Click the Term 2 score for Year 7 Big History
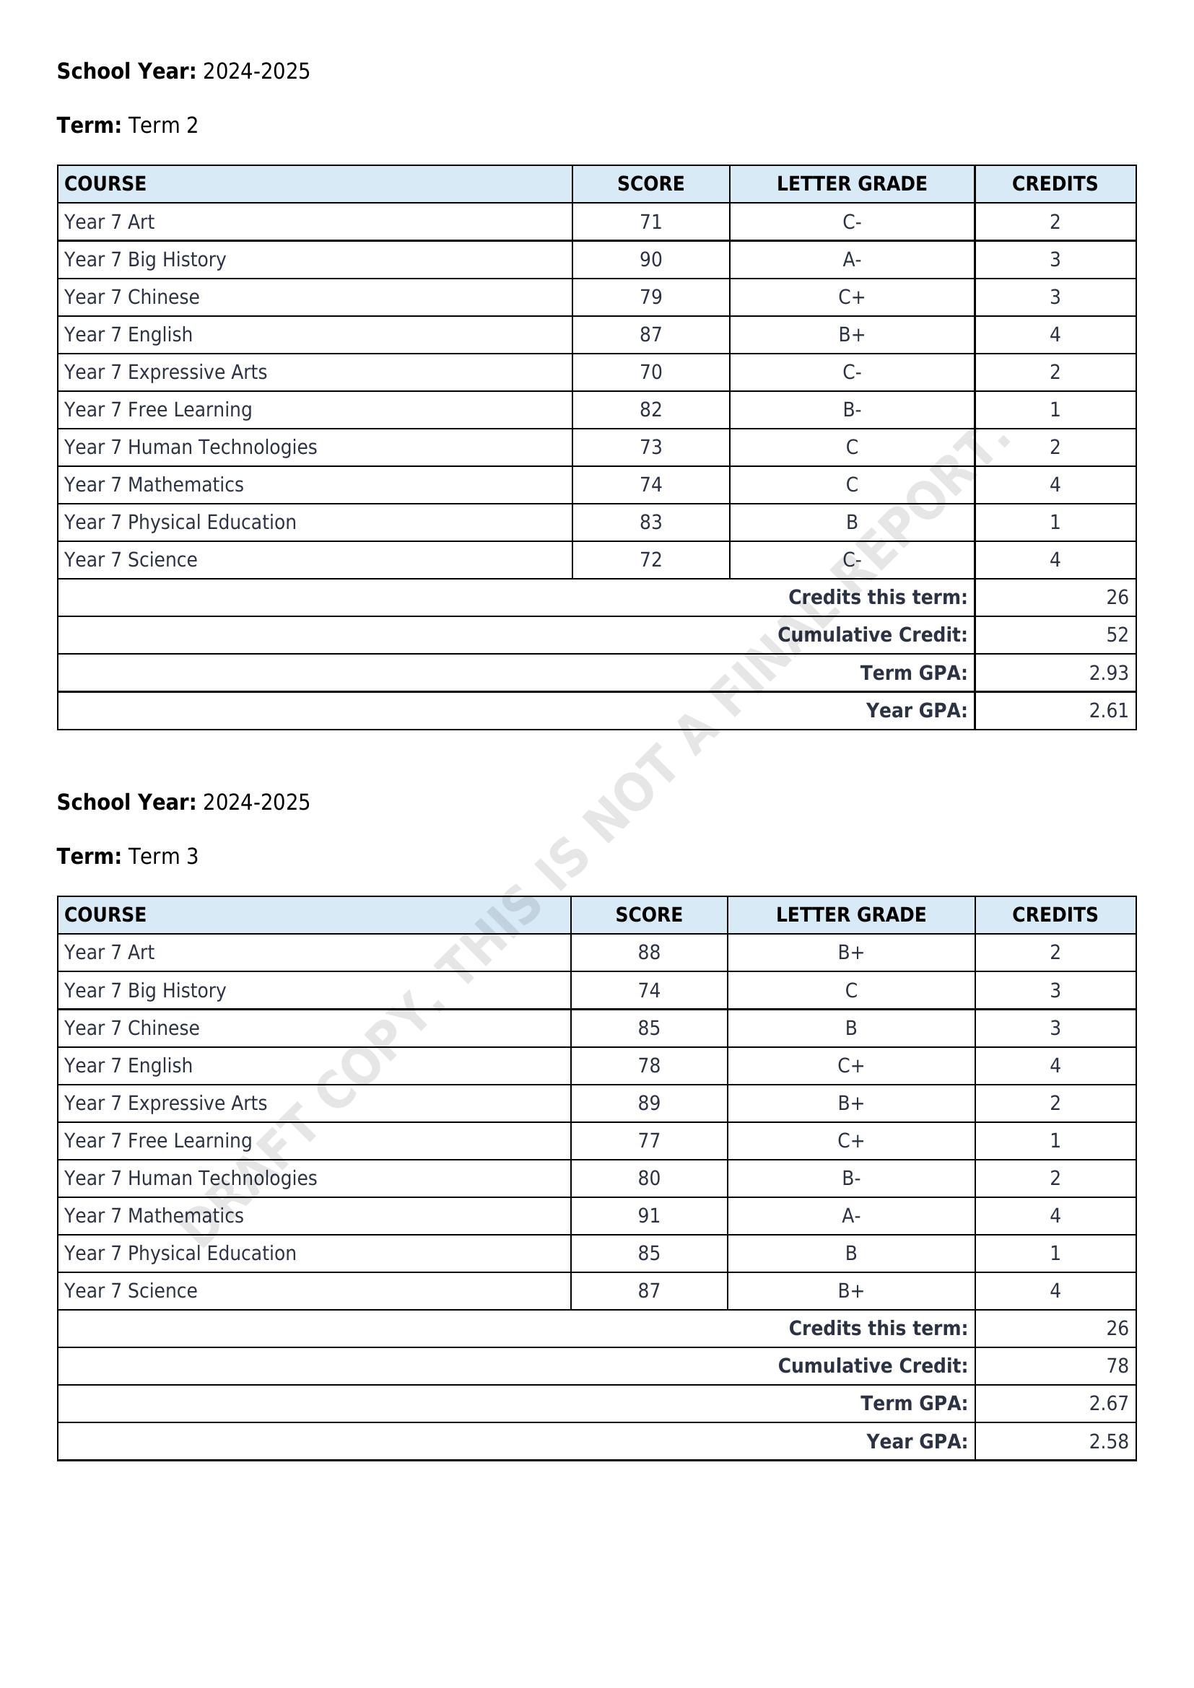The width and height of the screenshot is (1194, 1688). (x=650, y=260)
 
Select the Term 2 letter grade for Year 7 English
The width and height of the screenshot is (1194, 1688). (x=851, y=335)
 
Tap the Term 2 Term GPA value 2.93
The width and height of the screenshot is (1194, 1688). (x=1108, y=673)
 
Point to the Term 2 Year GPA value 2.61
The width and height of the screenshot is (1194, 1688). (x=1108, y=710)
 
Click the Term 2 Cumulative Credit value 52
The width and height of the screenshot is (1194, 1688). (x=1116, y=634)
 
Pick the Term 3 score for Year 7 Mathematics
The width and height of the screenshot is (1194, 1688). (x=648, y=1215)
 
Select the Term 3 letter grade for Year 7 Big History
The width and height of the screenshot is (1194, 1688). (x=850, y=990)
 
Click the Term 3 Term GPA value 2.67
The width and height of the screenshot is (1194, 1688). (x=1108, y=1404)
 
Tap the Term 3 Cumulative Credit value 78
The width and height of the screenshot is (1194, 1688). (x=1116, y=1365)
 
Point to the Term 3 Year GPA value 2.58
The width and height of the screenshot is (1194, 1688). (x=1108, y=1441)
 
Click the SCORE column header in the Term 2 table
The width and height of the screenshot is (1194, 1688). (x=650, y=184)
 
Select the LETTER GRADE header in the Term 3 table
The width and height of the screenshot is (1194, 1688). (x=850, y=914)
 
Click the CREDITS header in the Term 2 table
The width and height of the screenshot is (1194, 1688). (x=1054, y=184)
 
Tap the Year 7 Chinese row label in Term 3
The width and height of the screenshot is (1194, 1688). (x=131, y=1028)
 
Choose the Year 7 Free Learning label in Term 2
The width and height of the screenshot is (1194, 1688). (x=157, y=409)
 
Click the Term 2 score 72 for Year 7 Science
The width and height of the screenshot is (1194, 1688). (x=650, y=559)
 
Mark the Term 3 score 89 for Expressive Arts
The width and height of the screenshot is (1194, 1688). (x=648, y=1103)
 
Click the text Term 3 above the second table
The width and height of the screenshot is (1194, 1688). (x=162, y=857)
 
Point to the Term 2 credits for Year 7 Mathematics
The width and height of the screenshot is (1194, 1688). (x=1054, y=484)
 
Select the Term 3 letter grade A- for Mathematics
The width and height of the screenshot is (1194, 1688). (x=850, y=1215)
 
